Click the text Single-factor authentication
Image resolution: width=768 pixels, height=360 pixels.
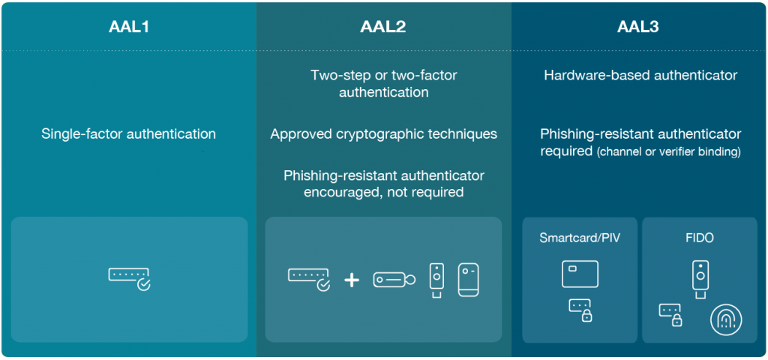[x=128, y=134]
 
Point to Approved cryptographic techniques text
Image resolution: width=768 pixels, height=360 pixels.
[x=383, y=134]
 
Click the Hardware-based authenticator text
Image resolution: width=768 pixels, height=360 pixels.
[x=640, y=75]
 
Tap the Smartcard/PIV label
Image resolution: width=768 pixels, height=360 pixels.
[x=580, y=238]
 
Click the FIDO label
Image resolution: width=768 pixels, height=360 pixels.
[x=699, y=238]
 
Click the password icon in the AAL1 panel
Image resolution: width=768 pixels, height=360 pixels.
[x=129, y=277]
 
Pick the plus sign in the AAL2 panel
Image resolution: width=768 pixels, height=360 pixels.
[x=352, y=280]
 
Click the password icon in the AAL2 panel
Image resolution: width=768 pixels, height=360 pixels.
[x=309, y=278]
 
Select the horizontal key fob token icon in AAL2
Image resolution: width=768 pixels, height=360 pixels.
[x=394, y=279]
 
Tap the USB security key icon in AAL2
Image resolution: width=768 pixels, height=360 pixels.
[x=436, y=280]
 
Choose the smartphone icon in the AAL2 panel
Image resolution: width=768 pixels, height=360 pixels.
[x=468, y=279]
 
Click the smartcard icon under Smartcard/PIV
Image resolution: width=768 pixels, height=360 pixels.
[x=580, y=273]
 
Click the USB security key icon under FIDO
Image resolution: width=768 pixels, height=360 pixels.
[x=699, y=278]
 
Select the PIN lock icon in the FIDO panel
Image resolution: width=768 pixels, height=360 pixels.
[x=671, y=314]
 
